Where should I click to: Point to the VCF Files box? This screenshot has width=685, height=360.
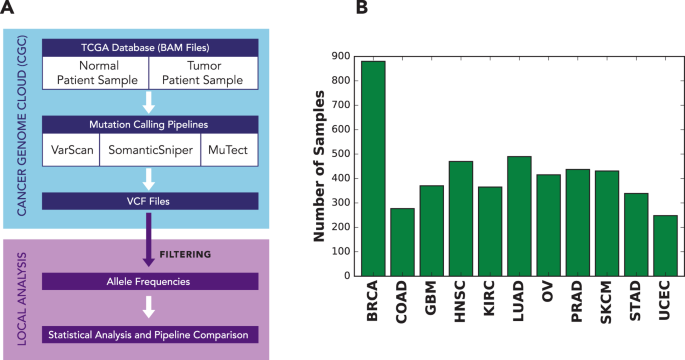click(148, 201)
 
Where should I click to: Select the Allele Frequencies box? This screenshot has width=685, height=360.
click(148, 281)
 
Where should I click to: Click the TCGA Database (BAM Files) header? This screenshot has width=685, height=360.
click(148, 47)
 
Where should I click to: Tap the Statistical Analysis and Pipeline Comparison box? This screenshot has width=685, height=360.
click(148, 332)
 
